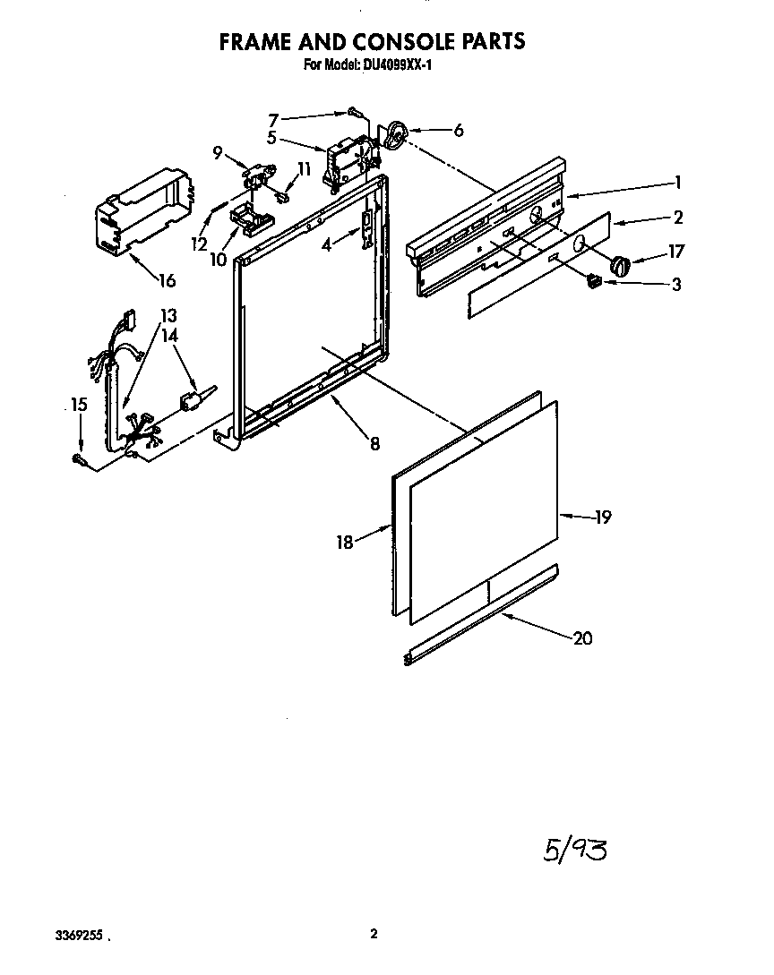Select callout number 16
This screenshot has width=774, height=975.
[167, 280]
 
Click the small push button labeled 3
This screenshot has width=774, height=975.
[592, 281]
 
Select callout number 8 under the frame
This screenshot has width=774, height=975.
[374, 441]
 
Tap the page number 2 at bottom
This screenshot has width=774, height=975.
[374, 935]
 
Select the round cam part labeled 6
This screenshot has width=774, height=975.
[394, 135]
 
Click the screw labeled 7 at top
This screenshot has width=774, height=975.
[354, 112]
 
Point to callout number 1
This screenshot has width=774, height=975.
[678, 183]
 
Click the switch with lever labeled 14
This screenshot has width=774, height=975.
[193, 400]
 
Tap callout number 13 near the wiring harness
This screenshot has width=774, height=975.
[168, 316]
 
